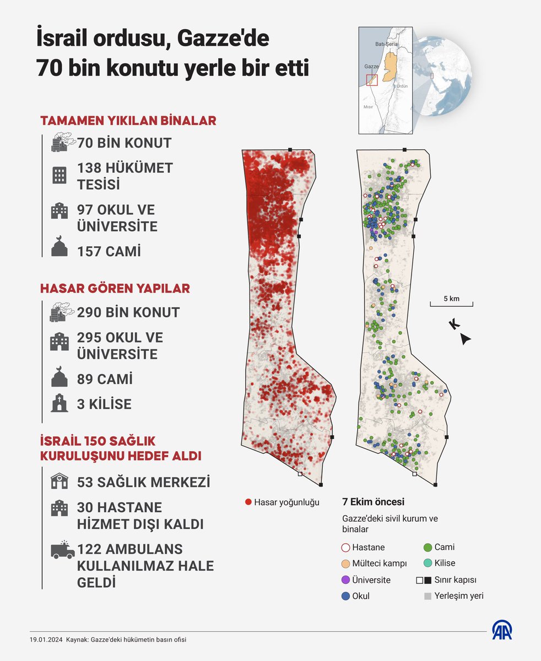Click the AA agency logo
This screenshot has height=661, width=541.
point(502,630)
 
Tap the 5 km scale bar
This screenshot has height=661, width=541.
point(451,304)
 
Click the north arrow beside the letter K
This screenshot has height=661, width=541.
point(466,339)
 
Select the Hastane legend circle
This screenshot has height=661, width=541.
point(345,548)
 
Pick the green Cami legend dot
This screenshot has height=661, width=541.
point(427,548)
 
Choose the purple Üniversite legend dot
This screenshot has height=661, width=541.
point(345,580)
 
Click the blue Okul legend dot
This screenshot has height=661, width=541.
point(345,596)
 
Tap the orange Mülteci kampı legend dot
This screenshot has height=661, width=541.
point(345,564)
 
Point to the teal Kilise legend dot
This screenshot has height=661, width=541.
point(427,564)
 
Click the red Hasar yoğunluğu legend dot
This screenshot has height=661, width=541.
point(248,502)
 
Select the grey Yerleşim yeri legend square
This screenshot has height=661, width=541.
point(427,596)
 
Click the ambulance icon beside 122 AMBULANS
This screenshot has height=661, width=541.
point(62,550)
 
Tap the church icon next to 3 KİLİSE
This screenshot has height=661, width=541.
point(59,404)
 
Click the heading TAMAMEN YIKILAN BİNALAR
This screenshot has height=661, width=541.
point(128,121)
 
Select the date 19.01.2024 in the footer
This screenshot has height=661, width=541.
point(46,640)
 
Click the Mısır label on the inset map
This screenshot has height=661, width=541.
point(368,107)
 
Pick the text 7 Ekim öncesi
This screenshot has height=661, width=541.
point(373,502)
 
